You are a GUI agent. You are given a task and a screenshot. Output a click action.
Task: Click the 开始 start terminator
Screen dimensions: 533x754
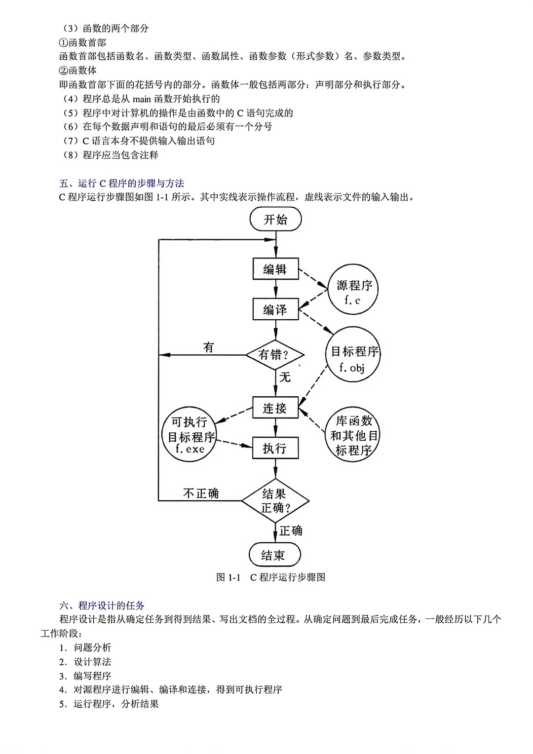(275, 219)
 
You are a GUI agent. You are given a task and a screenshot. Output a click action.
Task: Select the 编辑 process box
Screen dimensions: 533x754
(276, 268)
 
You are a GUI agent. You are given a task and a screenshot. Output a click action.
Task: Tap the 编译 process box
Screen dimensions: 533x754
(276, 309)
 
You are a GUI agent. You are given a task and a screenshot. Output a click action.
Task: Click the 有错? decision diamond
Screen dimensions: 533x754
(275, 355)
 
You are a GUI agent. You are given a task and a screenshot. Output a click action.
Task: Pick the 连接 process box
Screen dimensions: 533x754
(275, 408)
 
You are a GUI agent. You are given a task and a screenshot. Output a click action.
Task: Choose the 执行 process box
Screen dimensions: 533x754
(275, 448)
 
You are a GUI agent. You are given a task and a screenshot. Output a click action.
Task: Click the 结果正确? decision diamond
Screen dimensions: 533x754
(275, 500)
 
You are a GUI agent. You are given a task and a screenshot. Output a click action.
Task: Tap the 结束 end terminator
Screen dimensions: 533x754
(275, 554)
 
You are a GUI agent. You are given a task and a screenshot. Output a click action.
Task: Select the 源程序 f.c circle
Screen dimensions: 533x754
(353, 289)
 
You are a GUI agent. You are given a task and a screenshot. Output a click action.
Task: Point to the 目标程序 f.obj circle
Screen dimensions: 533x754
(353, 354)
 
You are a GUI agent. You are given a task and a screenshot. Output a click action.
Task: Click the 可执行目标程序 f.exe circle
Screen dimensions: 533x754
(189, 435)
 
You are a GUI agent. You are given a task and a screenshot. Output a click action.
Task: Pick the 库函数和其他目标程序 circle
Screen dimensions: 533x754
(352, 435)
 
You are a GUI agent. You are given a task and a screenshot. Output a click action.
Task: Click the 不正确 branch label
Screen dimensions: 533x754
(201, 493)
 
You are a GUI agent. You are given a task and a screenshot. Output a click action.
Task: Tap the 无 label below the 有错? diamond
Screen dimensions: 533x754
(285, 377)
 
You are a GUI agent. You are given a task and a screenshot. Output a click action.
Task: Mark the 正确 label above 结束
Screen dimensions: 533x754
(291, 531)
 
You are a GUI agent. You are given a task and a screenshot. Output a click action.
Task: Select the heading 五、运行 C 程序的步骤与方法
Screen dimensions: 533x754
(121, 183)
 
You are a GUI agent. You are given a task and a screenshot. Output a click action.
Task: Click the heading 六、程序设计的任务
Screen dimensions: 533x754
(102, 605)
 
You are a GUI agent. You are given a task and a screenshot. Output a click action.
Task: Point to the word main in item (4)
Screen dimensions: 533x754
(142, 99)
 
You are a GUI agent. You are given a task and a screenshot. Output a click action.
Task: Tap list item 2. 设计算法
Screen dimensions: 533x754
(85, 662)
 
